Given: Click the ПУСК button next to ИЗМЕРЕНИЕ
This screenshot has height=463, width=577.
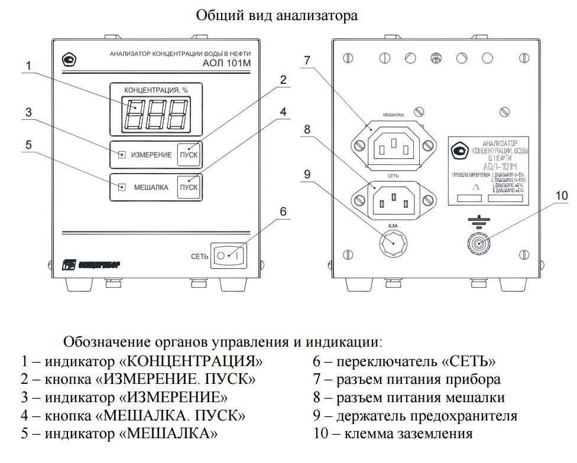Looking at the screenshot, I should (189, 155).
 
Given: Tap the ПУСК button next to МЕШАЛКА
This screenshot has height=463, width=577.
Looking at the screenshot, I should (189, 187).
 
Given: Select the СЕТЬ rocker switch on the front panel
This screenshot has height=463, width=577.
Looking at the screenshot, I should (228, 256).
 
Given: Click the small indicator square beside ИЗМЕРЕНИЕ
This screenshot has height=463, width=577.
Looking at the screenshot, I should (122, 155).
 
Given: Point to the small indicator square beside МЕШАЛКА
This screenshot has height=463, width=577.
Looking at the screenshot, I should (122, 187).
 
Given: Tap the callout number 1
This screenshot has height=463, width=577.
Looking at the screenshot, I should (28, 65).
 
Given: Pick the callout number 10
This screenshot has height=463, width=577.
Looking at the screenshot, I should (562, 195).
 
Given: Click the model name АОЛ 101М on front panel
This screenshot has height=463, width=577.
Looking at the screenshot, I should (227, 63).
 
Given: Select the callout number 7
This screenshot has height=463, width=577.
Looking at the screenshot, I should (307, 60).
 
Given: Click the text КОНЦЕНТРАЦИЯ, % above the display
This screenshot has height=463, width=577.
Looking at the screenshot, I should (155, 90).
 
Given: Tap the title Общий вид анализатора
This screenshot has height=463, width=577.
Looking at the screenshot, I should (277, 15).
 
